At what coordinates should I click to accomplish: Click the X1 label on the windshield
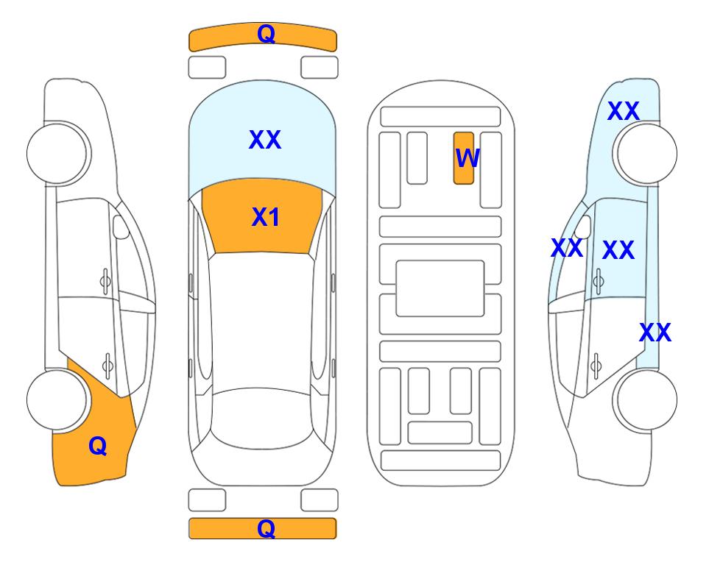pyautogui.click(x=266, y=217)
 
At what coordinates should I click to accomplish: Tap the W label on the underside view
pyautogui.click(x=468, y=158)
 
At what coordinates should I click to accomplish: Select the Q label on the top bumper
pyautogui.click(x=266, y=34)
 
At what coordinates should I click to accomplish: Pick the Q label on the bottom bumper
pyautogui.click(x=266, y=528)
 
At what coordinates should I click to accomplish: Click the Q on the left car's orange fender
pyautogui.click(x=98, y=446)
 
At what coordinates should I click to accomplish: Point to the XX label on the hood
pyautogui.click(x=265, y=140)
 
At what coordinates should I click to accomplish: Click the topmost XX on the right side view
pyautogui.click(x=624, y=111)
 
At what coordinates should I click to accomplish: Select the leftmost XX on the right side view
pyautogui.click(x=567, y=248)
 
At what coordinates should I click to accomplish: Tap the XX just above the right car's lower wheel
pyautogui.click(x=655, y=333)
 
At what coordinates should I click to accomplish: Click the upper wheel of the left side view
pyautogui.click(x=57, y=154)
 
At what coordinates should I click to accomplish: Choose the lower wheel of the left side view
pyautogui.click(x=57, y=400)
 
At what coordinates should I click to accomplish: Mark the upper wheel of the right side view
pyautogui.click(x=646, y=154)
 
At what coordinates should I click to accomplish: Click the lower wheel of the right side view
pyautogui.click(x=646, y=400)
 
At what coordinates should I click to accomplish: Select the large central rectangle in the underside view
pyautogui.click(x=440, y=288)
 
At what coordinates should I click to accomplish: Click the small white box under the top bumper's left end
pyautogui.click(x=207, y=68)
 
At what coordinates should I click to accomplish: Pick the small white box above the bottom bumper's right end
pyautogui.click(x=320, y=500)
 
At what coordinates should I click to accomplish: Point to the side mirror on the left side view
pyautogui.click(x=120, y=227)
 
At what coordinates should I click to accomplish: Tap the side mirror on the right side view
pyautogui.click(x=583, y=227)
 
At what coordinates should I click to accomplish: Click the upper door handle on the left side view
pyautogui.click(x=105, y=281)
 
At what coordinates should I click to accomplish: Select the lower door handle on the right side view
pyautogui.click(x=596, y=366)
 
